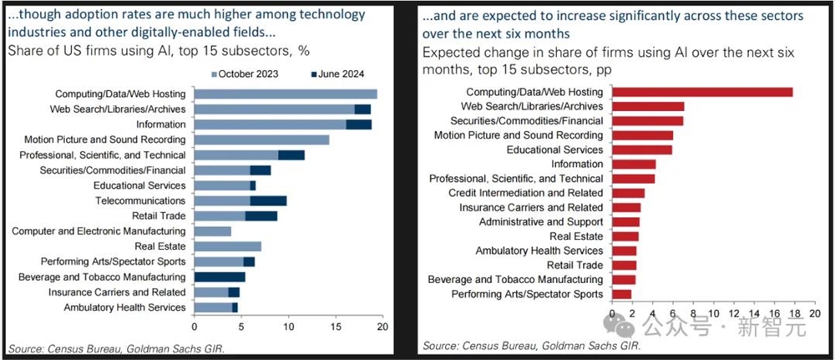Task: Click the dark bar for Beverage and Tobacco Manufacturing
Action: [220, 276]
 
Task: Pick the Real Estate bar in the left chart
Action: [227, 246]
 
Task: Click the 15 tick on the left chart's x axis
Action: [335, 327]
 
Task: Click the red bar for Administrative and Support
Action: [626, 221]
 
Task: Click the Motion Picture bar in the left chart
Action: [261, 139]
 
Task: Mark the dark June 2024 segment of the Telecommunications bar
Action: [268, 200]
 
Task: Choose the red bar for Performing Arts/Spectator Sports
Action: [622, 294]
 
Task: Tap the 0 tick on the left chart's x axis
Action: [195, 327]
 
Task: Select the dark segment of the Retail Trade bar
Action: [261, 215]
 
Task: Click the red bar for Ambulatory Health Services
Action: [625, 251]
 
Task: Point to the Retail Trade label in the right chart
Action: [573, 265]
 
